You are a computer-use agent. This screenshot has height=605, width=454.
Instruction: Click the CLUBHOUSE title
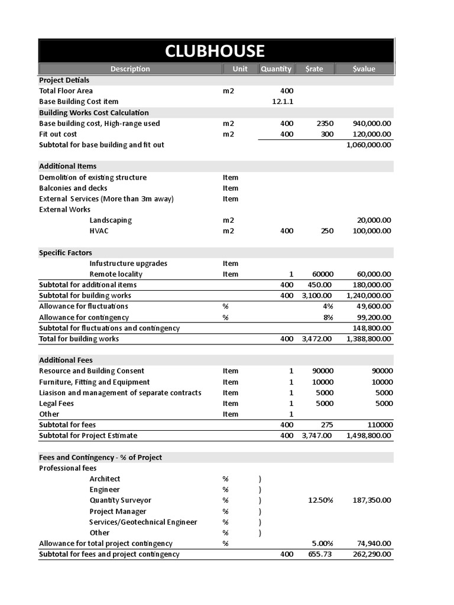pyautogui.click(x=215, y=51)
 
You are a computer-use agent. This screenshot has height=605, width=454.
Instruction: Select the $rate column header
pyautogui.click(x=314, y=69)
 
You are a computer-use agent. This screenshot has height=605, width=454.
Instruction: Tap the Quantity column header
pyautogui.click(x=275, y=69)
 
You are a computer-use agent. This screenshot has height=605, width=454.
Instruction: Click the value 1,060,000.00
pyautogui.click(x=368, y=145)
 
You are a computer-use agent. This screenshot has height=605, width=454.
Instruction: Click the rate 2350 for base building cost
pyautogui.click(x=325, y=123)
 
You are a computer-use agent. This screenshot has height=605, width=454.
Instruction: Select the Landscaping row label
pyautogui.click(x=111, y=220)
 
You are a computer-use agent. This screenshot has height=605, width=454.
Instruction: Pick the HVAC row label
pyautogui.click(x=99, y=231)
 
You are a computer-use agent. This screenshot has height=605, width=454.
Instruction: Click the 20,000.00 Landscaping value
pyautogui.click(x=374, y=220)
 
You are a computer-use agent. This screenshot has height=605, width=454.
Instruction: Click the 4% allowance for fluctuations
pyautogui.click(x=328, y=306)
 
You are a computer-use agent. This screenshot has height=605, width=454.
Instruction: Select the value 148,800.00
pyautogui.click(x=372, y=328)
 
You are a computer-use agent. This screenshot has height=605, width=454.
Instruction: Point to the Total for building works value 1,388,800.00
pyautogui.click(x=368, y=339)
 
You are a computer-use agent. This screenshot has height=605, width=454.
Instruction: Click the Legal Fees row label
pyautogui.click(x=56, y=404)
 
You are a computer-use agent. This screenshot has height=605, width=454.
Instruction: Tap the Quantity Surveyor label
pyautogui.click(x=120, y=500)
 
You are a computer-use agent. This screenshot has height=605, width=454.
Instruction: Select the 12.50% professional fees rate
pyautogui.click(x=320, y=500)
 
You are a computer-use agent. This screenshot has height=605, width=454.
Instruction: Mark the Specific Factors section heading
pyautogui.click(x=65, y=253)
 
